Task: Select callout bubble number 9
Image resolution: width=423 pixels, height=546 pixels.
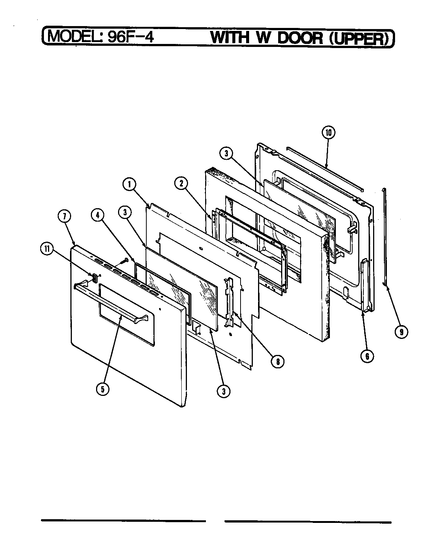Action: [401, 331]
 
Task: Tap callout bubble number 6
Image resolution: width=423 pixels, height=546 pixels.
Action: [367, 356]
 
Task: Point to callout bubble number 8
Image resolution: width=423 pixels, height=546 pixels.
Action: [278, 361]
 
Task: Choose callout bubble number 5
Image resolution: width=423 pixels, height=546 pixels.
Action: [102, 389]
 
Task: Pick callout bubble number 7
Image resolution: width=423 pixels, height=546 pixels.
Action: [65, 216]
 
